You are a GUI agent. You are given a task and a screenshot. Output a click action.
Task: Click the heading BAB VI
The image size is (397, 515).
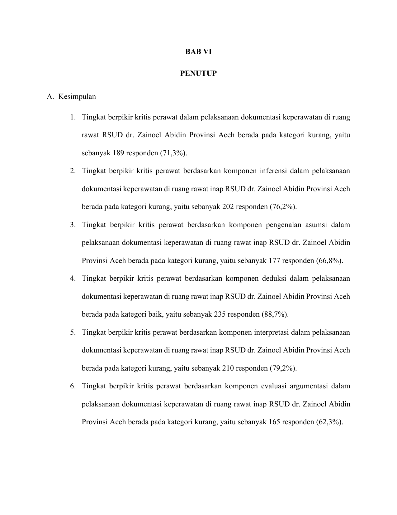[198, 52]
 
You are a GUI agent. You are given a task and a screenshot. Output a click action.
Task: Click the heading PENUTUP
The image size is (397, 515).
[198, 74]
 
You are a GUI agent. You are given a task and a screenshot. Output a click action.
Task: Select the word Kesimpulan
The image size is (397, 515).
[77, 97]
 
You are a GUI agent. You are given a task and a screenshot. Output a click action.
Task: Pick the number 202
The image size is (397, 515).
[229, 207]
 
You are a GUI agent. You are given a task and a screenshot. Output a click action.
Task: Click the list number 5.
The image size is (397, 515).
[73, 333]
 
